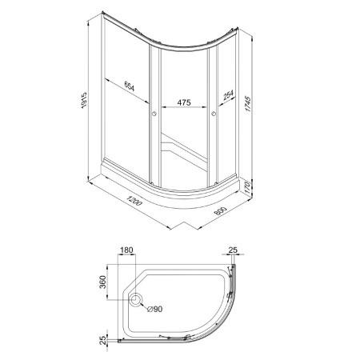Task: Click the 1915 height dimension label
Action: (x=84, y=101)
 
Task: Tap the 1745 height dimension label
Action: (x=248, y=104)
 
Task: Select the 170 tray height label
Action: (x=247, y=188)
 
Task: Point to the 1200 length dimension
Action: (x=134, y=201)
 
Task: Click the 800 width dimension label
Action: (x=220, y=211)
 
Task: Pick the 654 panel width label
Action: (x=130, y=86)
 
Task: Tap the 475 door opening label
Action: (x=184, y=102)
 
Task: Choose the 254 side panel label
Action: (x=228, y=95)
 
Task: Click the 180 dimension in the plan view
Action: (x=126, y=250)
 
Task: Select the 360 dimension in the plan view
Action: (x=102, y=282)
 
